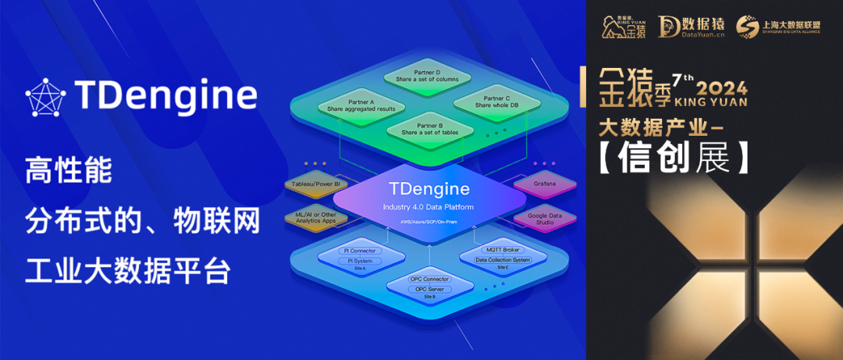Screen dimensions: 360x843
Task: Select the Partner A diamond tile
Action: [x=350, y=105]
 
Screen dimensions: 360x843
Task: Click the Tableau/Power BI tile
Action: [x=315, y=184]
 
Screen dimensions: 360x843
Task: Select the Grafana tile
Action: [x=544, y=184]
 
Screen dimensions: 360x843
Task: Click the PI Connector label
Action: [x=358, y=251]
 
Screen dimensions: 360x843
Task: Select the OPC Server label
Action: [x=429, y=289]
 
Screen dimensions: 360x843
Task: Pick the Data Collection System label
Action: [x=503, y=259]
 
